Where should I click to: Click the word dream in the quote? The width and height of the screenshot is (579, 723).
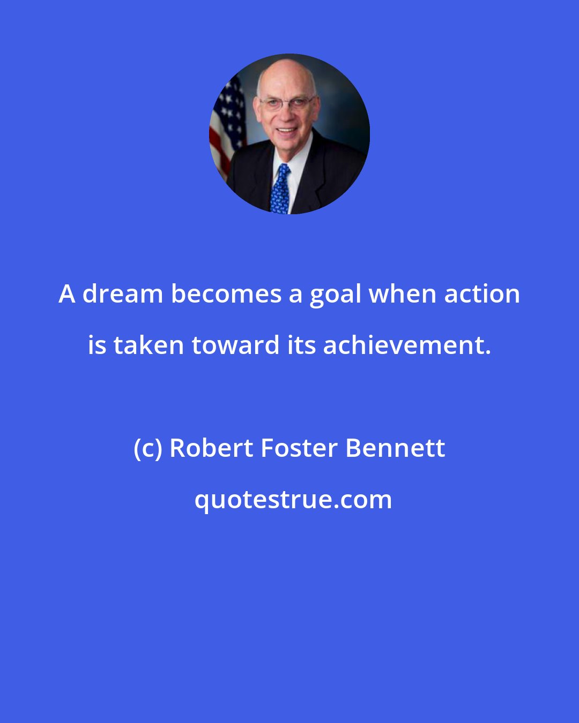(122, 295)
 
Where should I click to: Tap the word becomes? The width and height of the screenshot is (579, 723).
(226, 295)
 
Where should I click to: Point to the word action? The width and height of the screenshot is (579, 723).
(482, 295)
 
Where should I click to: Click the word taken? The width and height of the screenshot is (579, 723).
(149, 345)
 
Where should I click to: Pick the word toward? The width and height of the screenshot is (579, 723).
(235, 345)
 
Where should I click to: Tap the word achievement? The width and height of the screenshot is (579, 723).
(407, 345)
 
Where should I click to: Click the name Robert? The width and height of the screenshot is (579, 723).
(211, 448)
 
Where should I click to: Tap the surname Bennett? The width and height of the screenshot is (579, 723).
(396, 448)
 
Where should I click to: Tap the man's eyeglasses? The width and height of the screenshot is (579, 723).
(287, 103)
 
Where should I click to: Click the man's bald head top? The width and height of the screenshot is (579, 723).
(286, 69)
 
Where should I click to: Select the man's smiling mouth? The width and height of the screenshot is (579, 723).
(287, 130)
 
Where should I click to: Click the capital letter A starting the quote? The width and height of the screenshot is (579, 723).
(66, 295)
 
